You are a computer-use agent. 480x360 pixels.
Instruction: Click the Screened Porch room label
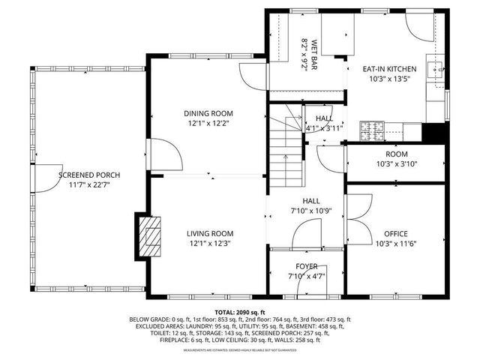coord(89,175)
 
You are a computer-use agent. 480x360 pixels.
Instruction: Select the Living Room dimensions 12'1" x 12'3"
coord(210,243)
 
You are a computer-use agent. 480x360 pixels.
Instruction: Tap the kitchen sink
coord(435,72)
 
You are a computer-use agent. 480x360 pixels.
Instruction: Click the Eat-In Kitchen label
coord(389,68)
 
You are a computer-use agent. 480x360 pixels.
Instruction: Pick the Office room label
coord(395,233)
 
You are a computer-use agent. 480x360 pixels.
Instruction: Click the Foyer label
coord(306,266)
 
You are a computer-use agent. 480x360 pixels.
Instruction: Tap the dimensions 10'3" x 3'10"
coord(397,163)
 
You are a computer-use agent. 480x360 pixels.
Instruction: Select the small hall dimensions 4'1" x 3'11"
coord(323,128)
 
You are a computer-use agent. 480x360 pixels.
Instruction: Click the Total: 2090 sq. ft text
coord(240,311)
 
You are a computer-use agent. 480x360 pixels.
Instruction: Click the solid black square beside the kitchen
coord(432,132)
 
